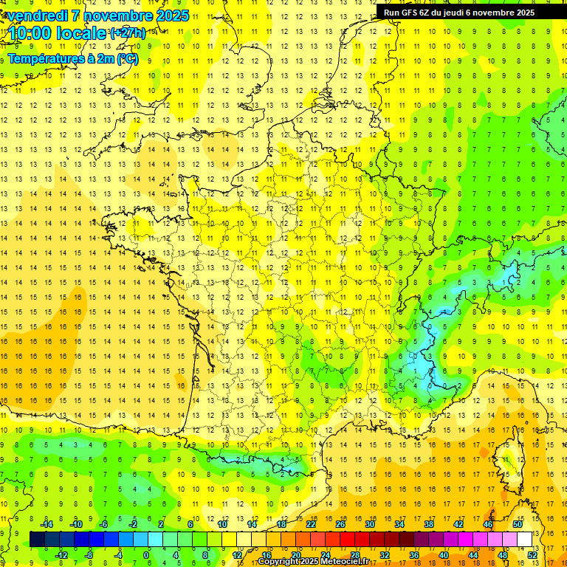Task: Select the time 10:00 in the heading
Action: tap(29, 33)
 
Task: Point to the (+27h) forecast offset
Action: tap(127, 33)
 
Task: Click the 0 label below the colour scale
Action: tap(146, 555)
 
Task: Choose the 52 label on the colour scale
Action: tap(532, 555)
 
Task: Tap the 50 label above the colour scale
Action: tap(517, 524)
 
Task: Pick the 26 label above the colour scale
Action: tap(340, 524)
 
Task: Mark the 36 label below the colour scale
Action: tap(413, 555)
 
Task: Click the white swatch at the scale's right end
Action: tap(524, 540)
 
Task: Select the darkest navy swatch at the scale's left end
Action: tap(37, 540)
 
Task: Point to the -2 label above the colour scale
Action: tap(134, 524)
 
